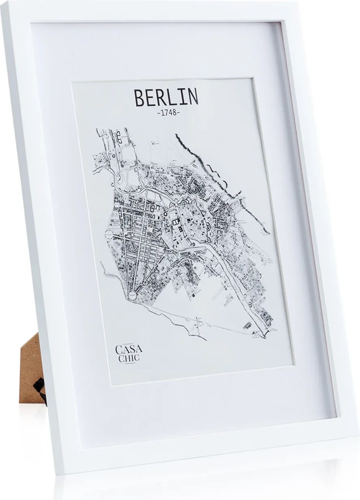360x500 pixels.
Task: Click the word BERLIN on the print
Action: [x=166, y=98]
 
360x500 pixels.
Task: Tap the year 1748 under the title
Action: [x=166, y=113]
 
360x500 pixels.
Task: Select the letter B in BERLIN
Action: [x=139, y=98]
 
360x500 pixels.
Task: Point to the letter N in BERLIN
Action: [x=193, y=97]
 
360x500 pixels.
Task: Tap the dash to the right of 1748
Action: [x=179, y=113]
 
